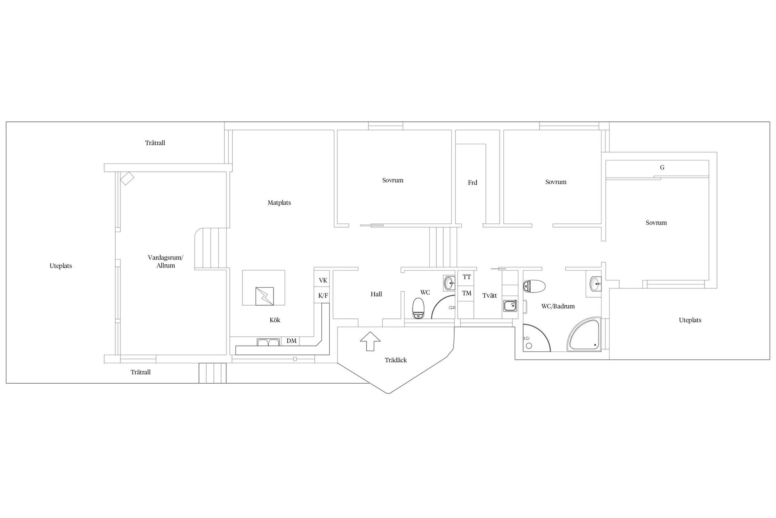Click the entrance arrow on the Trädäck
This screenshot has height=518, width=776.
click(x=370, y=341)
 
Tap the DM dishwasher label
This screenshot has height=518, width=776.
click(x=291, y=341)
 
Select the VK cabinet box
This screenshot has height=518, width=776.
click(x=323, y=280)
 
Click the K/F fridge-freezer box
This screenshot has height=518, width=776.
click(x=323, y=295)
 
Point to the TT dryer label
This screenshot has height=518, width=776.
click(x=467, y=277)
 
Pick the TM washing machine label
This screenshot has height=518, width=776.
click(x=467, y=293)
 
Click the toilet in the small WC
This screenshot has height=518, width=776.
click(x=418, y=308)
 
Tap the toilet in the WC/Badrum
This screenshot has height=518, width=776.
click(x=534, y=286)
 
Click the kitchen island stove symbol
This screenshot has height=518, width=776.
click(x=264, y=296)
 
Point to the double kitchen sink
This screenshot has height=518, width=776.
click(x=268, y=342)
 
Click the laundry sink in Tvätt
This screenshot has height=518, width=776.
click(x=510, y=306)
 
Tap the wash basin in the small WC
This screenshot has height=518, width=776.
click(x=449, y=283)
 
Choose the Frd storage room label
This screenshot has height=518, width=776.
click(x=472, y=183)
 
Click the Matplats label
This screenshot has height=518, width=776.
click(x=279, y=203)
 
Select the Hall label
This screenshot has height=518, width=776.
click(x=376, y=294)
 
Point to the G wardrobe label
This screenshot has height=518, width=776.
click(x=662, y=168)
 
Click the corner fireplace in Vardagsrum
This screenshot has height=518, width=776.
click(x=127, y=178)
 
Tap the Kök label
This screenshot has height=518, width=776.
click(x=275, y=320)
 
